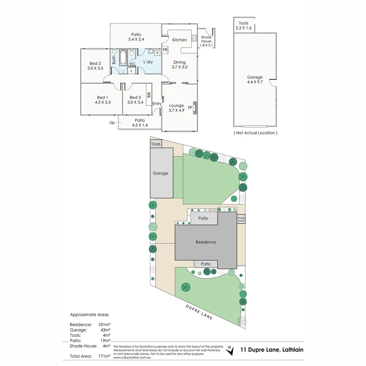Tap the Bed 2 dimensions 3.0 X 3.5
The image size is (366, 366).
coord(96,68)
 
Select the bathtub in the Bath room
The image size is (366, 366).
coord(123,58)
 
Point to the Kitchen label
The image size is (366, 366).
coord(179,40)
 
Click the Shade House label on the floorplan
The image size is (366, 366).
coord(206,39)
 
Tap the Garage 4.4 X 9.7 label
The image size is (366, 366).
coord(255,80)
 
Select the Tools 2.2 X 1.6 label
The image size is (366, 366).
coord(244,26)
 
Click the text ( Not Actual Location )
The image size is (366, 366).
coord(255,133)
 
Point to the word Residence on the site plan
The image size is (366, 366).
coord(205,242)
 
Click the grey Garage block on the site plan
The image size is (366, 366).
coord(161,173)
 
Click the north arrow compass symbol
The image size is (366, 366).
coord(231,349)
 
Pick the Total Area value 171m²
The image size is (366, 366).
coord(105,356)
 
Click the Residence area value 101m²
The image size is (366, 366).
coord(105,325)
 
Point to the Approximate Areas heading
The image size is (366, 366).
coord(89,314)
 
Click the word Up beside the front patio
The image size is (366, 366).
coord(112,122)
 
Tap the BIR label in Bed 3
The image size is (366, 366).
coord(148,95)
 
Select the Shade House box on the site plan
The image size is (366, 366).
coord(241,219)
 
